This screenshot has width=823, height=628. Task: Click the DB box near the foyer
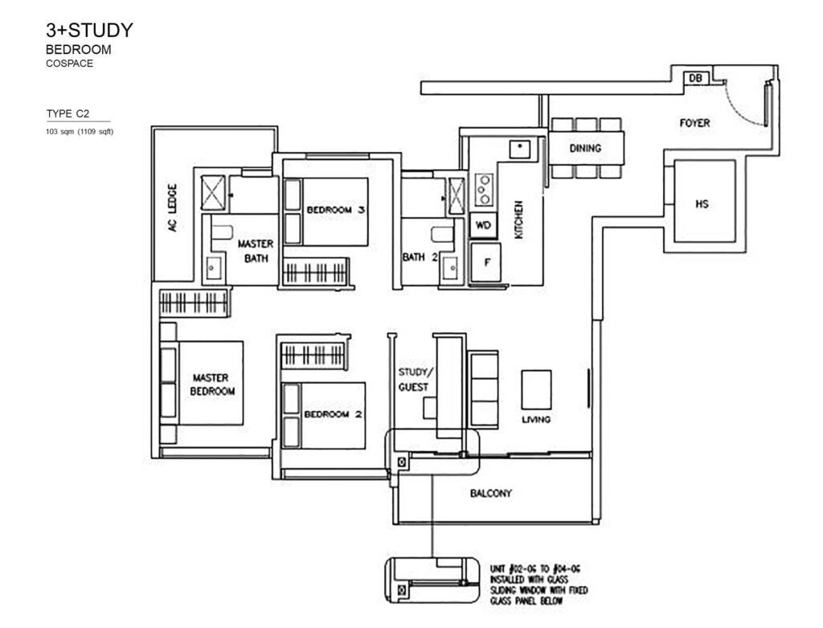tap(695, 78)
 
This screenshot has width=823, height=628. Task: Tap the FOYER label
tap(694, 123)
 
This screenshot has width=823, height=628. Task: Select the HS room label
tap(702, 204)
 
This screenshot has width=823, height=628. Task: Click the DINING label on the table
tap(585, 149)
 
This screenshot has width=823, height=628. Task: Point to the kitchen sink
tap(520, 149)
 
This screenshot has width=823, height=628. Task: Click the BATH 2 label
tap(419, 257)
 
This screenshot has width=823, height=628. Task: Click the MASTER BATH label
tap(256, 250)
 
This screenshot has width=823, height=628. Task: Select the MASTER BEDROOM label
tap(211, 384)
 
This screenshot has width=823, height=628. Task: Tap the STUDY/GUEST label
tap(415, 379)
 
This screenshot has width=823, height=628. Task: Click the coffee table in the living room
tap(536, 389)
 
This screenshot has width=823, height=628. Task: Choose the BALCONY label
tap(491, 494)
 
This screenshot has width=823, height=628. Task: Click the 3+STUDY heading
tap(89, 31)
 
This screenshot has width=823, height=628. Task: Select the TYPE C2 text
tap(68, 114)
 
